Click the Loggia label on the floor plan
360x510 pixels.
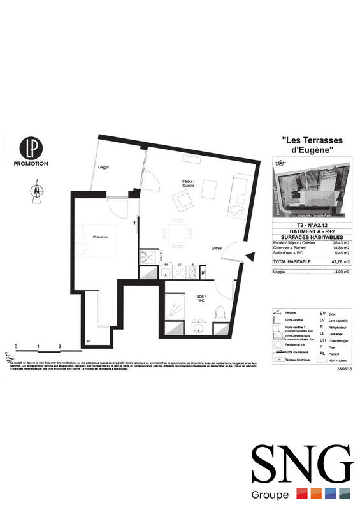point(105,167)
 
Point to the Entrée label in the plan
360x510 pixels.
point(217,248)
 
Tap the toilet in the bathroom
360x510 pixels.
point(220,312)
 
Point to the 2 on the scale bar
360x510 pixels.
point(59,347)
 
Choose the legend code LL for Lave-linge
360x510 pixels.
point(323,333)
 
